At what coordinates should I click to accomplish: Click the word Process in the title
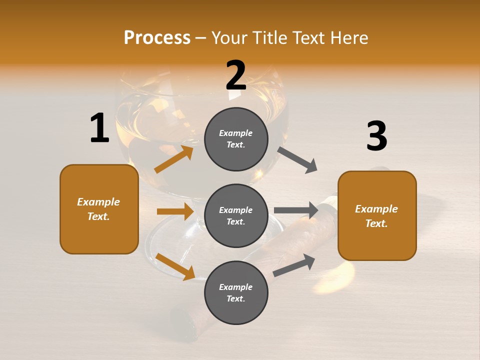[x=157, y=38]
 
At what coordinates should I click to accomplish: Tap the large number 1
[x=99, y=128]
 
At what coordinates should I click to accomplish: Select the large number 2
[x=236, y=75]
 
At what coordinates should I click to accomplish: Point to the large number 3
[x=376, y=136]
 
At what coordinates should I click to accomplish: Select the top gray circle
[x=236, y=138]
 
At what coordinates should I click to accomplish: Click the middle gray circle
[x=236, y=215]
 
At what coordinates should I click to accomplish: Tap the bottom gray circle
[x=236, y=292]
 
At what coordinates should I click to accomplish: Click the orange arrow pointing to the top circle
[x=174, y=159]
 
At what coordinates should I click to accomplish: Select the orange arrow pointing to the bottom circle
[x=175, y=266]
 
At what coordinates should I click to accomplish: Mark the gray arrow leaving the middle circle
[x=296, y=210]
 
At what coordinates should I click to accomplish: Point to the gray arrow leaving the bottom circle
[x=294, y=265]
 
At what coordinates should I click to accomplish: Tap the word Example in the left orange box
[x=98, y=202]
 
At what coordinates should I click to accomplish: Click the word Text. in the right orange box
[x=376, y=223]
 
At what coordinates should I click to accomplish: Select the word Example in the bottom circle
[x=236, y=287]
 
